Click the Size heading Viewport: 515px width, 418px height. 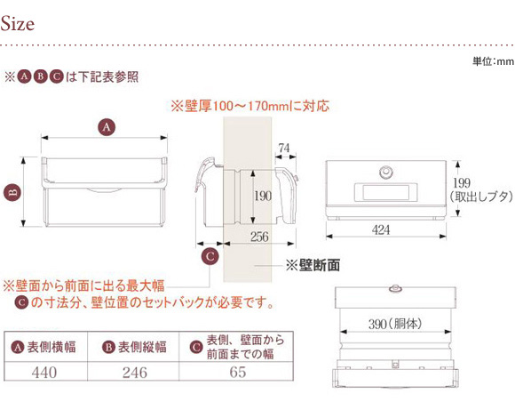pos(18,24)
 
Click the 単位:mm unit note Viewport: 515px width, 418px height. pos(493,61)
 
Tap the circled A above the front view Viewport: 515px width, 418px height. pos(107,127)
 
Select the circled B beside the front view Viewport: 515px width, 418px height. pos(12,192)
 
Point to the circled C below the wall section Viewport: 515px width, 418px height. pos(210,256)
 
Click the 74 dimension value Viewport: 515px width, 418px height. pos(284,149)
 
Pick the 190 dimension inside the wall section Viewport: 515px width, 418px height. pos(263,197)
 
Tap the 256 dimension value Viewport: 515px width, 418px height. pos(259,237)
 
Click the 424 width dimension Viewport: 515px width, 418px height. pos(381,229)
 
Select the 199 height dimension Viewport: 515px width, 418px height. pos(462,183)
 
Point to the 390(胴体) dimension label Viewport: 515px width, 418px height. pos(395,325)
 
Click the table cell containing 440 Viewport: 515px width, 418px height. pos(45,372)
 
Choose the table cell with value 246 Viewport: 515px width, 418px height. pos(133,372)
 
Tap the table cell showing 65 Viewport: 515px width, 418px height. pos(236,372)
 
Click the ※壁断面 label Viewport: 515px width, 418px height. pos(313,265)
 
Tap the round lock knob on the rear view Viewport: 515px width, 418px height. pos(385,173)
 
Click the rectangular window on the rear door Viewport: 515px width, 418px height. pos(386,192)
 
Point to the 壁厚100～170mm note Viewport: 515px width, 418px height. pos(250,106)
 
